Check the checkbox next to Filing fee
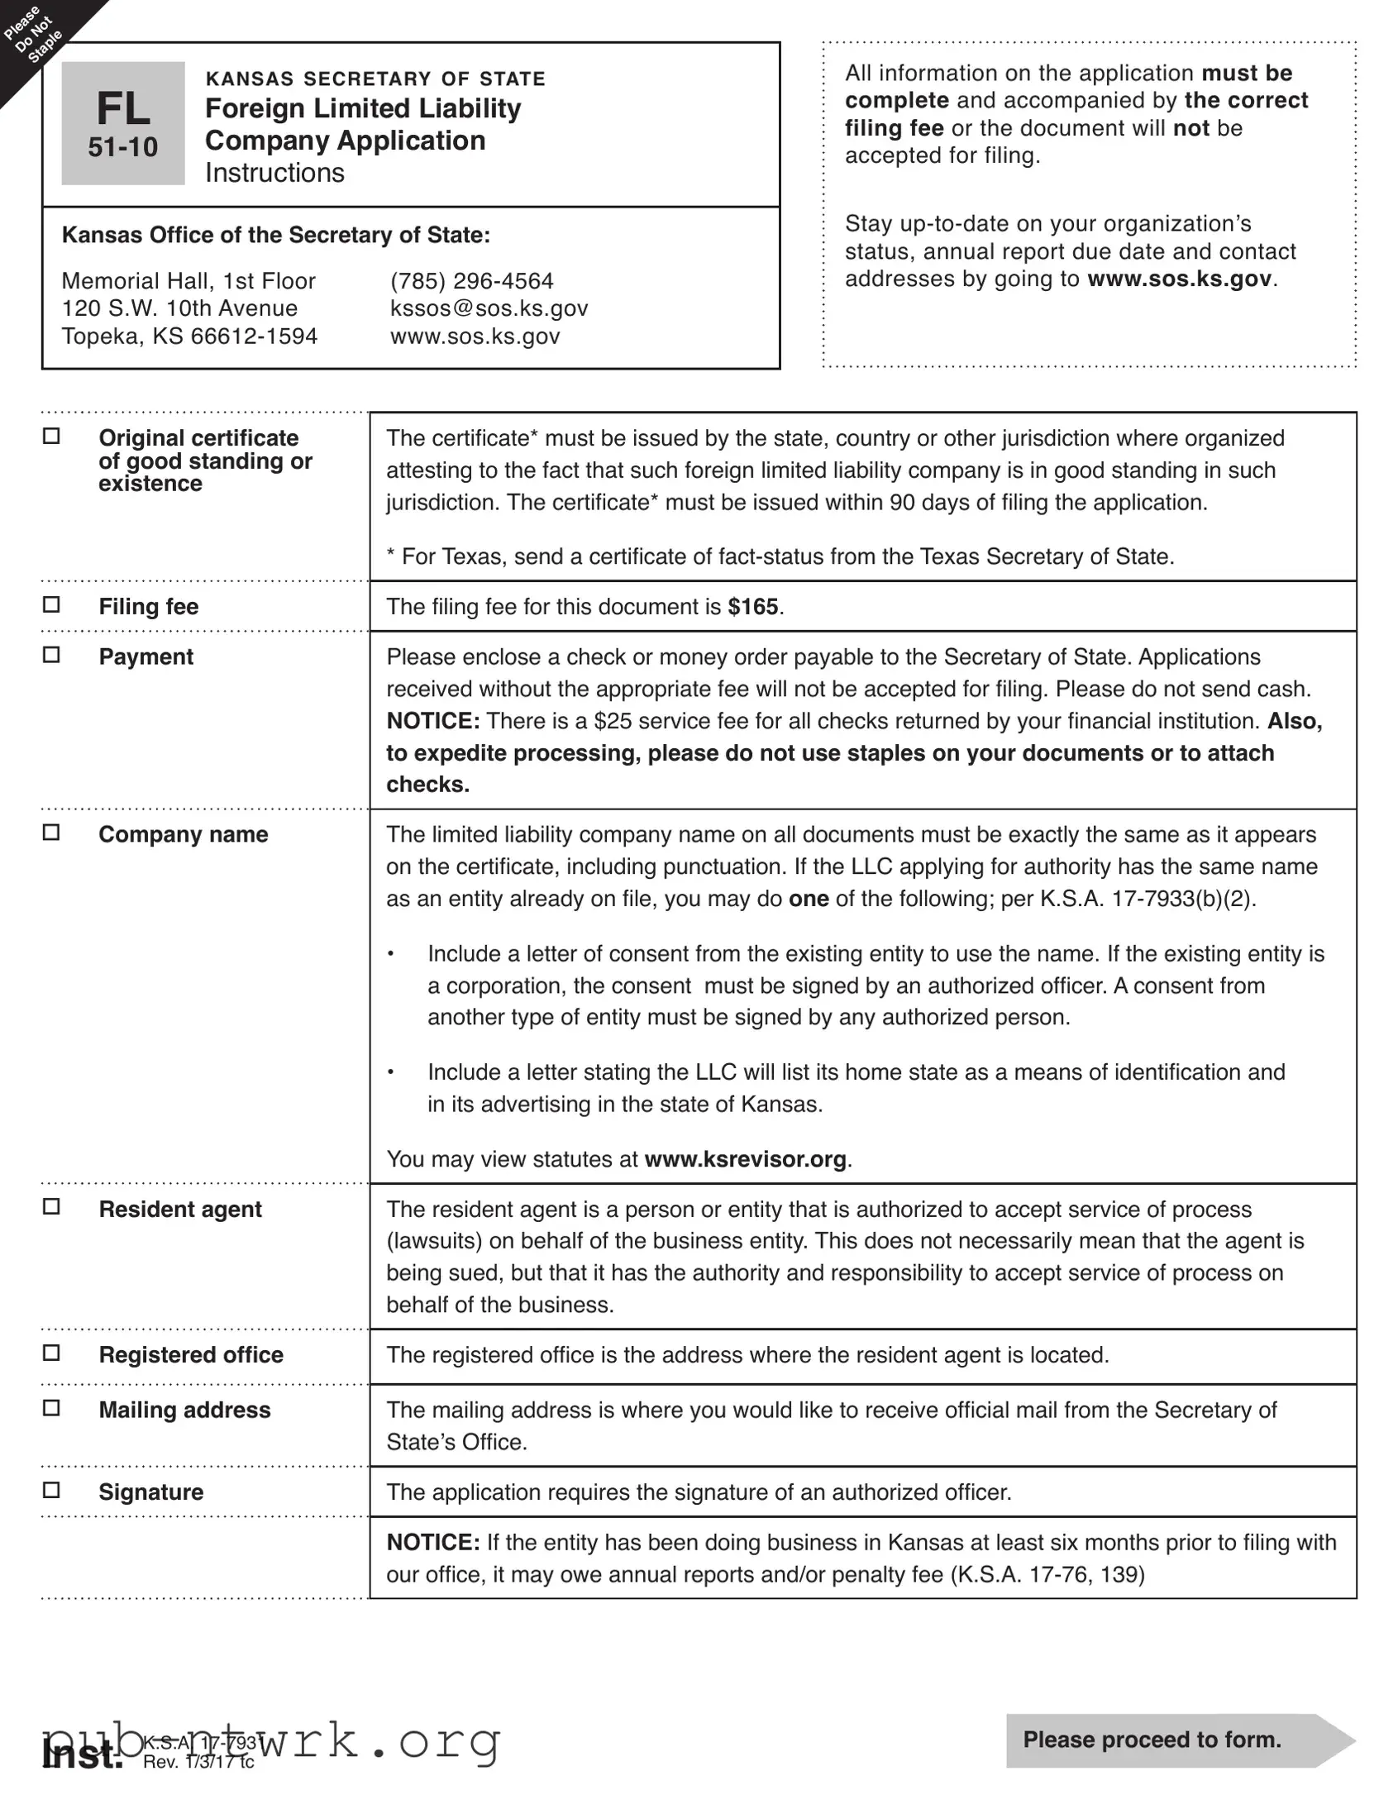point(51,605)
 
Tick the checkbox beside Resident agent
point(51,1208)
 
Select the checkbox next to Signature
point(51,1490)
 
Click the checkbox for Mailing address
point(51,1408)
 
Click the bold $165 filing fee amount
point(752,607)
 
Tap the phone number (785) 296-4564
point(471,281)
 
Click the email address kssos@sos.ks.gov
point(489,308)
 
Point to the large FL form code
point(122,108)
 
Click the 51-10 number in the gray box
point(122,147)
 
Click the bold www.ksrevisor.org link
point(745,1159)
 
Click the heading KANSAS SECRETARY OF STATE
point(375,79)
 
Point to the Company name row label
point(183,834)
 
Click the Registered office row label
point(190,1355)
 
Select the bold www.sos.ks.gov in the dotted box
point(1179,279)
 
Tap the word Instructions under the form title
point(274,173)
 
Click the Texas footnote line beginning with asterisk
point(780,556)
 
